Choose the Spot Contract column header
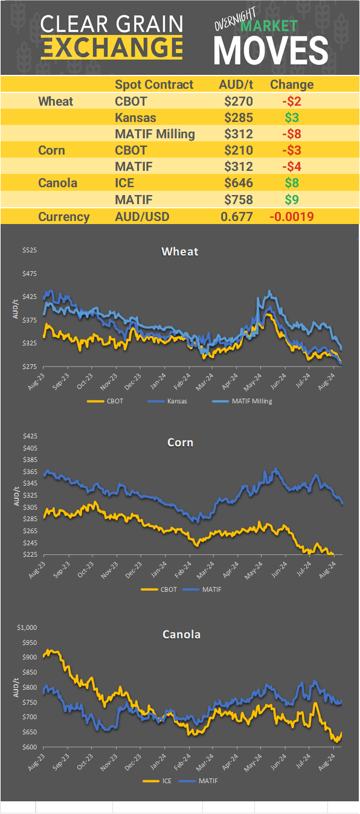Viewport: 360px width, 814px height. pyautogui.click(x=154, y=85)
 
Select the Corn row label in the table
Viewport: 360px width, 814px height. pyautogui.click(x=51, y=150)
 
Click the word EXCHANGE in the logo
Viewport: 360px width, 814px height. pyautogui.click(x=112, y=46)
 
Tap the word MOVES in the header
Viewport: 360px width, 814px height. pyautogui.click(x=271, y=50)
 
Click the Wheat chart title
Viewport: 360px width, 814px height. pyautogui.click(x=180, y=251)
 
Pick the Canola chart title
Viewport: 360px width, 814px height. pyautogui.click(x=181, y=634)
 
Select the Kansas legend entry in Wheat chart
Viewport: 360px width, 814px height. pyautogui.click(x=172, y=400)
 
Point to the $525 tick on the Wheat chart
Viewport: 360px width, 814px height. pyautogui.click(x=29, y=251)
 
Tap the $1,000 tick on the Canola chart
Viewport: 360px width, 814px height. pyautogui.click(x=27, y=627)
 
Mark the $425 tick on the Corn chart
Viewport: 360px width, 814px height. pyautogui.click(x=29, y=436)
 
